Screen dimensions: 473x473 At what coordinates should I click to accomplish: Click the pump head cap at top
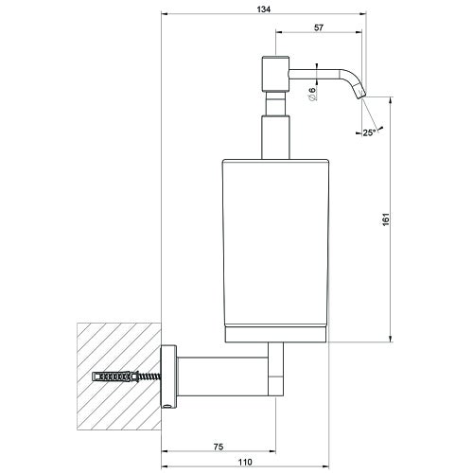tap(273, 73)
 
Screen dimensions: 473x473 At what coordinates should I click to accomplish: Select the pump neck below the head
tap(273, 123)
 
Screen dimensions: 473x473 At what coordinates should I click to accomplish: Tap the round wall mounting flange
tap(168, 376)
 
